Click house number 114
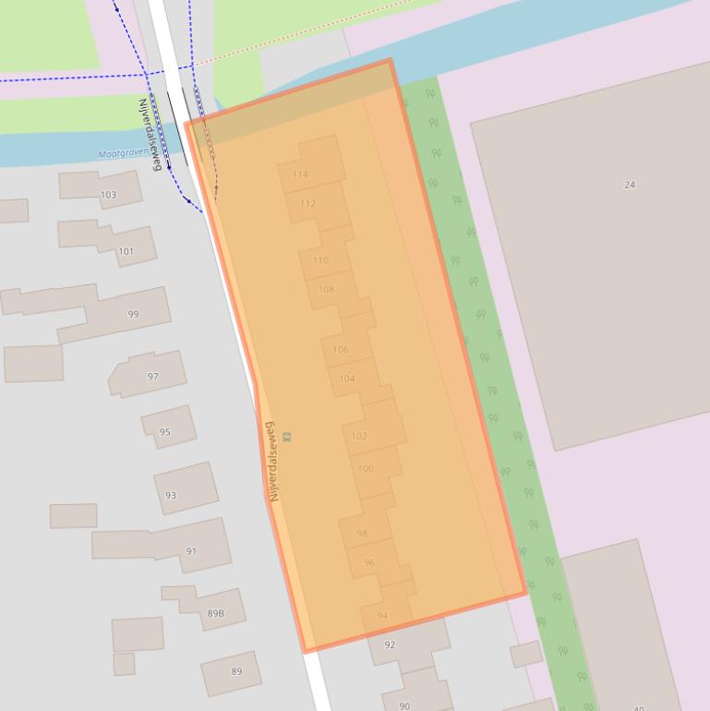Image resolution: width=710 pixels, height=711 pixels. pos(300,175)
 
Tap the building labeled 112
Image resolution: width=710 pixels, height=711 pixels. pos(307,204)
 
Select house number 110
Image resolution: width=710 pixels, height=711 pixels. pos(320,260)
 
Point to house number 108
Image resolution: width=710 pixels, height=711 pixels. pos(326,289)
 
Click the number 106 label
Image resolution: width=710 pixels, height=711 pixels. pos(341,350)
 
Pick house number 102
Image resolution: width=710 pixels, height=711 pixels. pos(359,436)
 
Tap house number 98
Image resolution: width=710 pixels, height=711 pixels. pos(362,534)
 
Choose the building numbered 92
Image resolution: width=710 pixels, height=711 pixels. pos(390,645)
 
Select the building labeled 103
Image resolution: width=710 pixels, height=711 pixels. pos(108,195)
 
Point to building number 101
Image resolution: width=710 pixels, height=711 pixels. pos(126,251)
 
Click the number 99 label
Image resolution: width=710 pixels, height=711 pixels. pos(133,315)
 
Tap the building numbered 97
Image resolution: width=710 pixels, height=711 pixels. pos(153,377)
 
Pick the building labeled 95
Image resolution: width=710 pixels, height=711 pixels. pos(165,432)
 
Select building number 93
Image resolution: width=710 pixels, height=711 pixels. pos(171,496)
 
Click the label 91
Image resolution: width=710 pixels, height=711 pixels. pos(191,551)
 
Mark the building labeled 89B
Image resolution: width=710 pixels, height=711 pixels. pos(215,613)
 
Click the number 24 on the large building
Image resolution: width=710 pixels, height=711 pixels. pos(630,185)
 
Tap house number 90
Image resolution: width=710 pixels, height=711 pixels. pos(404,706)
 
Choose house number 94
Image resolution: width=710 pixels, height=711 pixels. pos(382,616)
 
